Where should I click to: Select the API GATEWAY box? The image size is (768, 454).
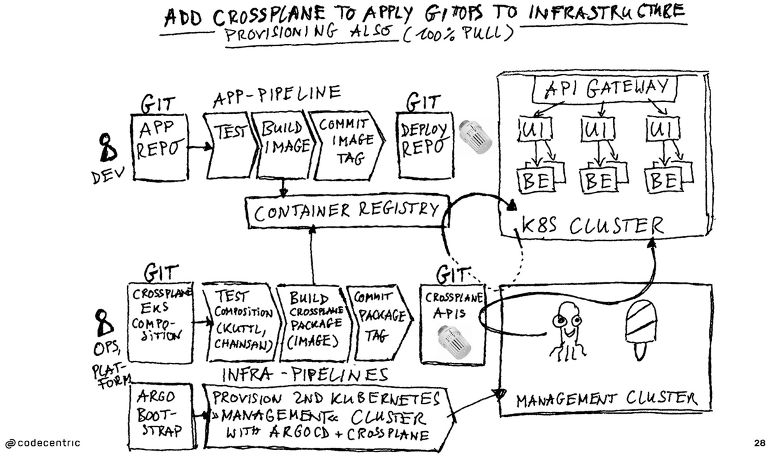point(599,90)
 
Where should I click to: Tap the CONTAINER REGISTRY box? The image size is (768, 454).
point(347,211)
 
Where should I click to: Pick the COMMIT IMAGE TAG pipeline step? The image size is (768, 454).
point(343,145)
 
